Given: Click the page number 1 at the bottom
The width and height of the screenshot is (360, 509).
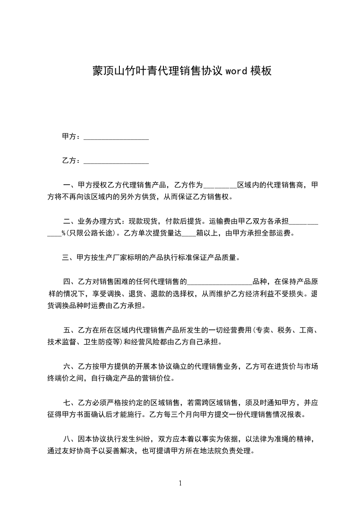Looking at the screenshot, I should (x=180, y=483).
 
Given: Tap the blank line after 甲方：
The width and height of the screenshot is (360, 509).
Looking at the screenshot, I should (x=117, y=137).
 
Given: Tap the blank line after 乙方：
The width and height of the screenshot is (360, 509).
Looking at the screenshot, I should (x=117, y=161).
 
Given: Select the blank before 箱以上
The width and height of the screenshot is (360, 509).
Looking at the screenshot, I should (x=188, y=235).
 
